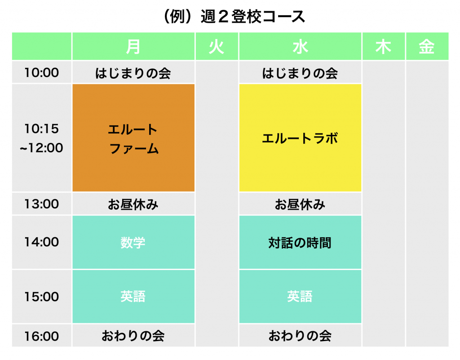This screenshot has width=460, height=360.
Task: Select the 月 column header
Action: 133,46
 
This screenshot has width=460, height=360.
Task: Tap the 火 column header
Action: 217,46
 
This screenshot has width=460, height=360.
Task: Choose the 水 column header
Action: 300,46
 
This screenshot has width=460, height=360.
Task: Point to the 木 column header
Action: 384,46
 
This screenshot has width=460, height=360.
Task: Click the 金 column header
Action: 427,46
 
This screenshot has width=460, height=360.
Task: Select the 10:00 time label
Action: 42,72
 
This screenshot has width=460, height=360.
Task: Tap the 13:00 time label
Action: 42,204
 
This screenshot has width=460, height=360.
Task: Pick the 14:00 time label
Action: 42,242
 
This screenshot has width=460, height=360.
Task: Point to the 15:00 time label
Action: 42,297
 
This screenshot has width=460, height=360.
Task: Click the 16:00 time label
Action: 42,336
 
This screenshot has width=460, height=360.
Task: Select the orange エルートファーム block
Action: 133,138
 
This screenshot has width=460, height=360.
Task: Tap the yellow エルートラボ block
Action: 300,138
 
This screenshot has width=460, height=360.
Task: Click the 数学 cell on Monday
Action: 133,242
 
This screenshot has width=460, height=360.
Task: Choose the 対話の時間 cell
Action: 300,242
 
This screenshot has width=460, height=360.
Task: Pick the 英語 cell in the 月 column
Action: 133,296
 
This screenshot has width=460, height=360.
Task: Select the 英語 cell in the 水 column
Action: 300,296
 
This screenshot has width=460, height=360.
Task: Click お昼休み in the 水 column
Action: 300,204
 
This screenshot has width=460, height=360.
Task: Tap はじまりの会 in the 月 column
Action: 133,73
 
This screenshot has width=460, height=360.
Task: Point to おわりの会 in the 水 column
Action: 300,336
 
